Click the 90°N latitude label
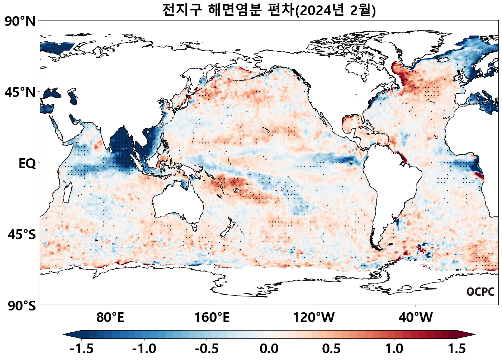pos(20,22)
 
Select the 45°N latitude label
pos(20,93)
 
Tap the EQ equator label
pos(27,164)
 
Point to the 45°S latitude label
pos(22,235)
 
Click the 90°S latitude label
pos(22,306)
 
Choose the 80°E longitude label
pos(110,318)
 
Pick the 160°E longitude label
pos(212,318)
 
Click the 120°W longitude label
pos(314,318)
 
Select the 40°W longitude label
pos(416,318)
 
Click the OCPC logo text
pos(480,292)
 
